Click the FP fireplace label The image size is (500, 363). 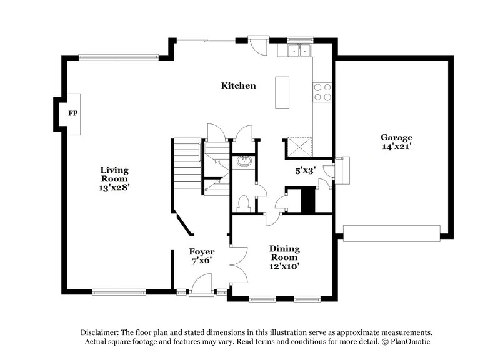[72, 114]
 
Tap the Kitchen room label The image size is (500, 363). [238, 85]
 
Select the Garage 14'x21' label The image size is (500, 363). [396, 142]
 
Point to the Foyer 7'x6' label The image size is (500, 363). [202, 256]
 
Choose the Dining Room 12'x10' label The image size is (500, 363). [284, 256]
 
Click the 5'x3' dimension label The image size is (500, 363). [306, 169]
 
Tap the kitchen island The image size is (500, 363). [282, 92]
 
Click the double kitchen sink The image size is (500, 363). [299, 51]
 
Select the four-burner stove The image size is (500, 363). [322, 92]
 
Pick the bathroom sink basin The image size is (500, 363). [243, 162]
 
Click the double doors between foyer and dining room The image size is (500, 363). [238, 261]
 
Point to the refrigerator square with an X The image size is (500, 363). [299, 147]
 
